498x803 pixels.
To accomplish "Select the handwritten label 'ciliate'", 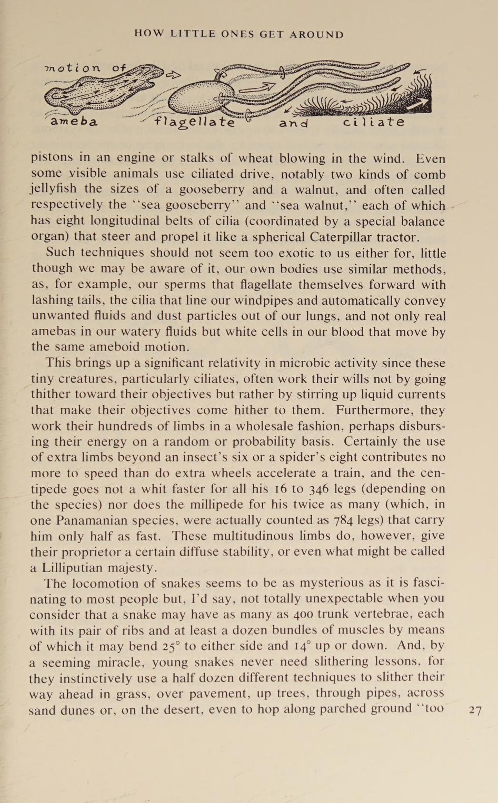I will tap(374, 122).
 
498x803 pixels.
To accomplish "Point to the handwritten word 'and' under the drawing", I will tap(293, 123).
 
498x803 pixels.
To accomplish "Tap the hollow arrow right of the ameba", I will tap(174, 75).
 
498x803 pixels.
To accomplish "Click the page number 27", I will tap(475, 710).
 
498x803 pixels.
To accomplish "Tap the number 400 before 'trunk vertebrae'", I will tap(304, 614).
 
